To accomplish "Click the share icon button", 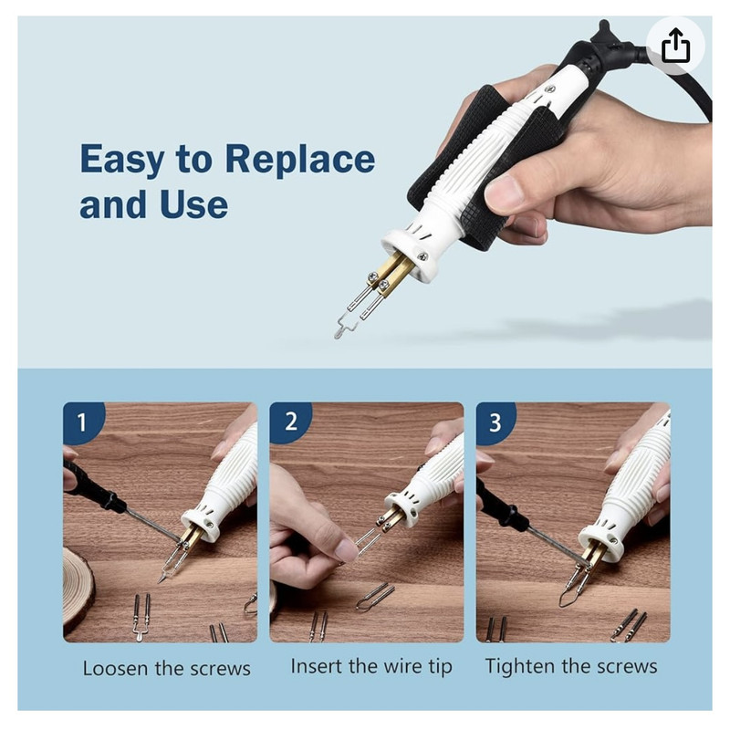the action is (675, 45).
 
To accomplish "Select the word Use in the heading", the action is (194, 204).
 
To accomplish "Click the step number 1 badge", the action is (82, 422).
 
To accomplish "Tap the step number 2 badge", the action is (289, 421).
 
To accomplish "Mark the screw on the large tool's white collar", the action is (422, 256).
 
